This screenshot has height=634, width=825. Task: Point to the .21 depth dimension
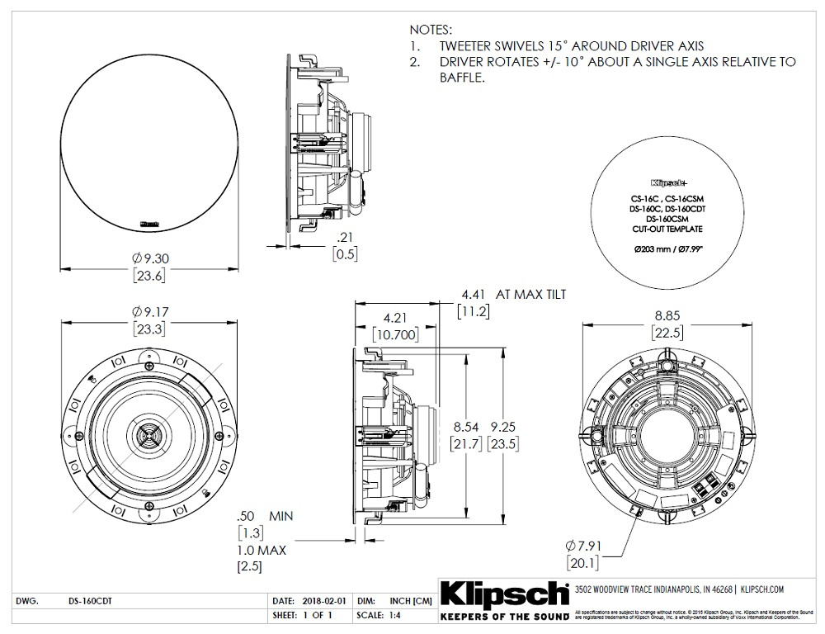point(345,237)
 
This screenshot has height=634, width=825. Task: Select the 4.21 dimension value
point(397,318)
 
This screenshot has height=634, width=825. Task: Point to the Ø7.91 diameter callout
point(587,545)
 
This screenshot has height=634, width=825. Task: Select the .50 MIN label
point(264,515)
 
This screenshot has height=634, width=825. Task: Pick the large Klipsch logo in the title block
point(505,594)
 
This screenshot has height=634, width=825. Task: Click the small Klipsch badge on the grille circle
point(149,221)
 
